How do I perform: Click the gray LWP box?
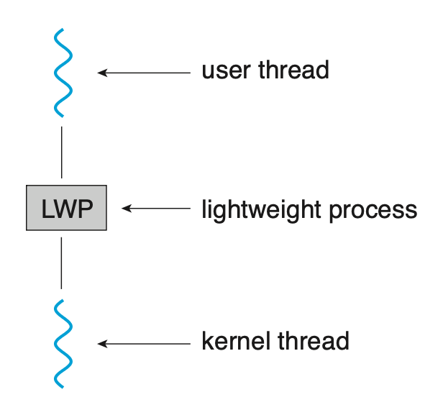click(66, 209)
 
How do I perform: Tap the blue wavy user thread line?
click(62, 72)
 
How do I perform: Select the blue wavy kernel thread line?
click(62, 344)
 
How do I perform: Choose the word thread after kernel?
click(314, 341)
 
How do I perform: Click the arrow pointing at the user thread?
click(144, 72)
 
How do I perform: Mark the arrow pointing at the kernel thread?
click(144, 344)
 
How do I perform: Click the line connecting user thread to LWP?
click(62, 152)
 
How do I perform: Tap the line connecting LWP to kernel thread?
click(62, 263)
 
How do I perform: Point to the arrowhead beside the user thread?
click(102, 72)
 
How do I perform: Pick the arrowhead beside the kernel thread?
click(102, 344)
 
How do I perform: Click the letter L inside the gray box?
click(47, 209)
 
